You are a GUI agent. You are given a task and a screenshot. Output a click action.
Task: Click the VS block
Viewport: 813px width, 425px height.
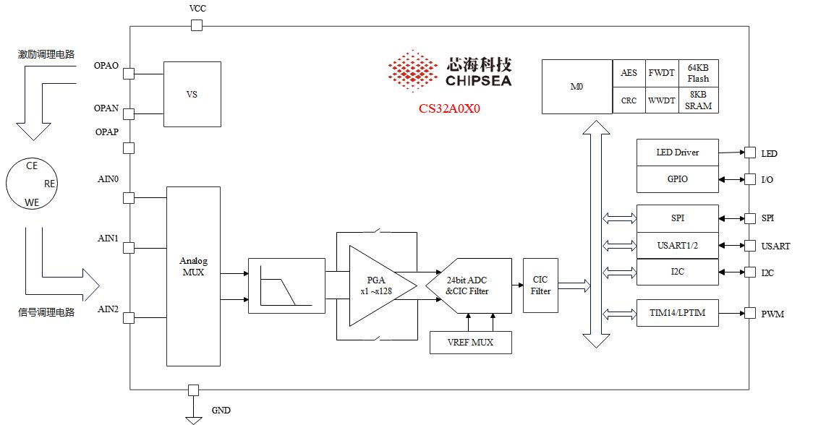coord(192,95)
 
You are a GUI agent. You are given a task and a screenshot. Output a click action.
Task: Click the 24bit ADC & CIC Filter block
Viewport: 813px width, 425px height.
coord(469,286)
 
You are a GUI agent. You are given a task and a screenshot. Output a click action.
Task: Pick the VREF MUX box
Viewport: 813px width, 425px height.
coord(470,342)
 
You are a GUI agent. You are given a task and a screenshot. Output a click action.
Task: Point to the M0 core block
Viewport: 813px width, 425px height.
coord(576,87)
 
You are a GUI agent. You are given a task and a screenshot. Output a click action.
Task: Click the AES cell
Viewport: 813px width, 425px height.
coord(629,73)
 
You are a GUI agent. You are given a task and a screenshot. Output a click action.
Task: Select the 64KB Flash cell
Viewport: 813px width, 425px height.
coord(698,73)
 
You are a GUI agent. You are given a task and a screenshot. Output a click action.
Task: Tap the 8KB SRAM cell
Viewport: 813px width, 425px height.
coord(698,100)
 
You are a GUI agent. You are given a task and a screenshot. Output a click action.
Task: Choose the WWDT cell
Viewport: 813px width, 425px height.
coord(661,100)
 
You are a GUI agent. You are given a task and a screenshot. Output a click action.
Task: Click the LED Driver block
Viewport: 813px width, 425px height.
coord(677,153)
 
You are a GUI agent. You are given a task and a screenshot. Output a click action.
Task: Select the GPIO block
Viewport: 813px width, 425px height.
coord(677,179)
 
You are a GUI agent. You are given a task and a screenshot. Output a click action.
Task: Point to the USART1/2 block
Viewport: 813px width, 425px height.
coord(677,246)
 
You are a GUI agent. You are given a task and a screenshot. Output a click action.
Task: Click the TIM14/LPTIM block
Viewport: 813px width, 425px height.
coord(677,313)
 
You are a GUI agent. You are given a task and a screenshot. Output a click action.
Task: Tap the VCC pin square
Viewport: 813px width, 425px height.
coord(196,26)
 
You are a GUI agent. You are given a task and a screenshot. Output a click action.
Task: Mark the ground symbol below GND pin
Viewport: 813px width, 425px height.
coord(193,417)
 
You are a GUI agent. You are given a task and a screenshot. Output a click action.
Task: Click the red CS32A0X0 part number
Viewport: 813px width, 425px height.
coord(449,110)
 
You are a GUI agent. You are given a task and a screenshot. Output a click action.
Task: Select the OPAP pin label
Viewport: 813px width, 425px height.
coord(106,132)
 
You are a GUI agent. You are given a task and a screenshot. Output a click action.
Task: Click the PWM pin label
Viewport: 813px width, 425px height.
coord(772,314)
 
